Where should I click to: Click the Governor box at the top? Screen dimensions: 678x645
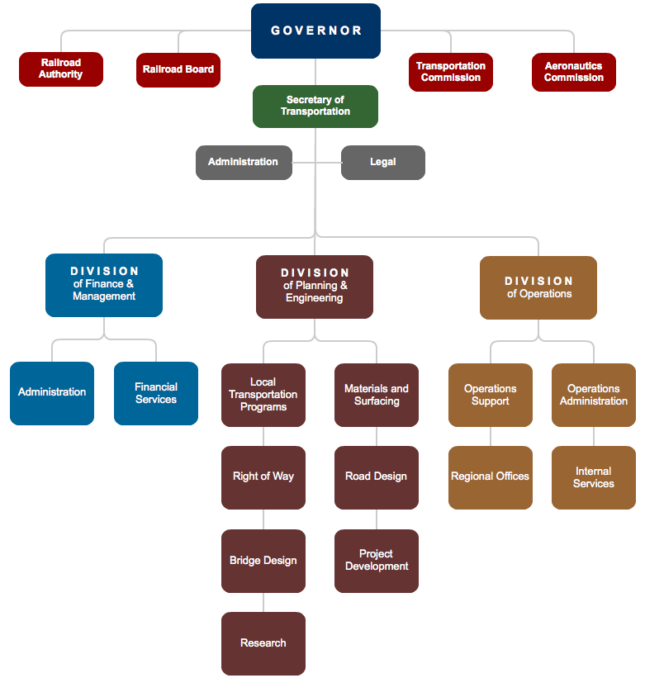(315, 31)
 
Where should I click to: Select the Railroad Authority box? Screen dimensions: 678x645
(61, 69)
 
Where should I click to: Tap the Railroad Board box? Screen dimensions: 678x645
(178, 70)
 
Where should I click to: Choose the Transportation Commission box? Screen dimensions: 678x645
(450, 72)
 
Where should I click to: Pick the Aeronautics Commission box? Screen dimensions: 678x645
(573, 72)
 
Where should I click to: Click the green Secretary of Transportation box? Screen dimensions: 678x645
(315, 106)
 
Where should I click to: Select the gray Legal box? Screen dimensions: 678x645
(382, 163)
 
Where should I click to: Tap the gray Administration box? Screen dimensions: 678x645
(243, 163)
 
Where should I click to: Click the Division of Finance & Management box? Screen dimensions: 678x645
(104, 285)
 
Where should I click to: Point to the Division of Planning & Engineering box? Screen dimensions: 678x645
(314, 287)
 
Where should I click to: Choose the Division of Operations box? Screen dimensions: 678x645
(538, 287)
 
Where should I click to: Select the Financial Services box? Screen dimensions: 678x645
(156, 393)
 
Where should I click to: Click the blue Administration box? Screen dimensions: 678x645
(52, 393)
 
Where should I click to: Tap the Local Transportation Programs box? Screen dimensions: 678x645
(263, 395)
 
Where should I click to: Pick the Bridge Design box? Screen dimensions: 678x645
(263, 561)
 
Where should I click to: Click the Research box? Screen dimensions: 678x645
(263, 643)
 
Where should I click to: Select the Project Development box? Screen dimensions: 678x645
(377, 561)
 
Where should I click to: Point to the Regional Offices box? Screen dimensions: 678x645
(490, 477)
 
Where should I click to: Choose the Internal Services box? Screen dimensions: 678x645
(593, 477)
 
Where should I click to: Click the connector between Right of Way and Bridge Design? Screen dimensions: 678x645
(263, 519)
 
